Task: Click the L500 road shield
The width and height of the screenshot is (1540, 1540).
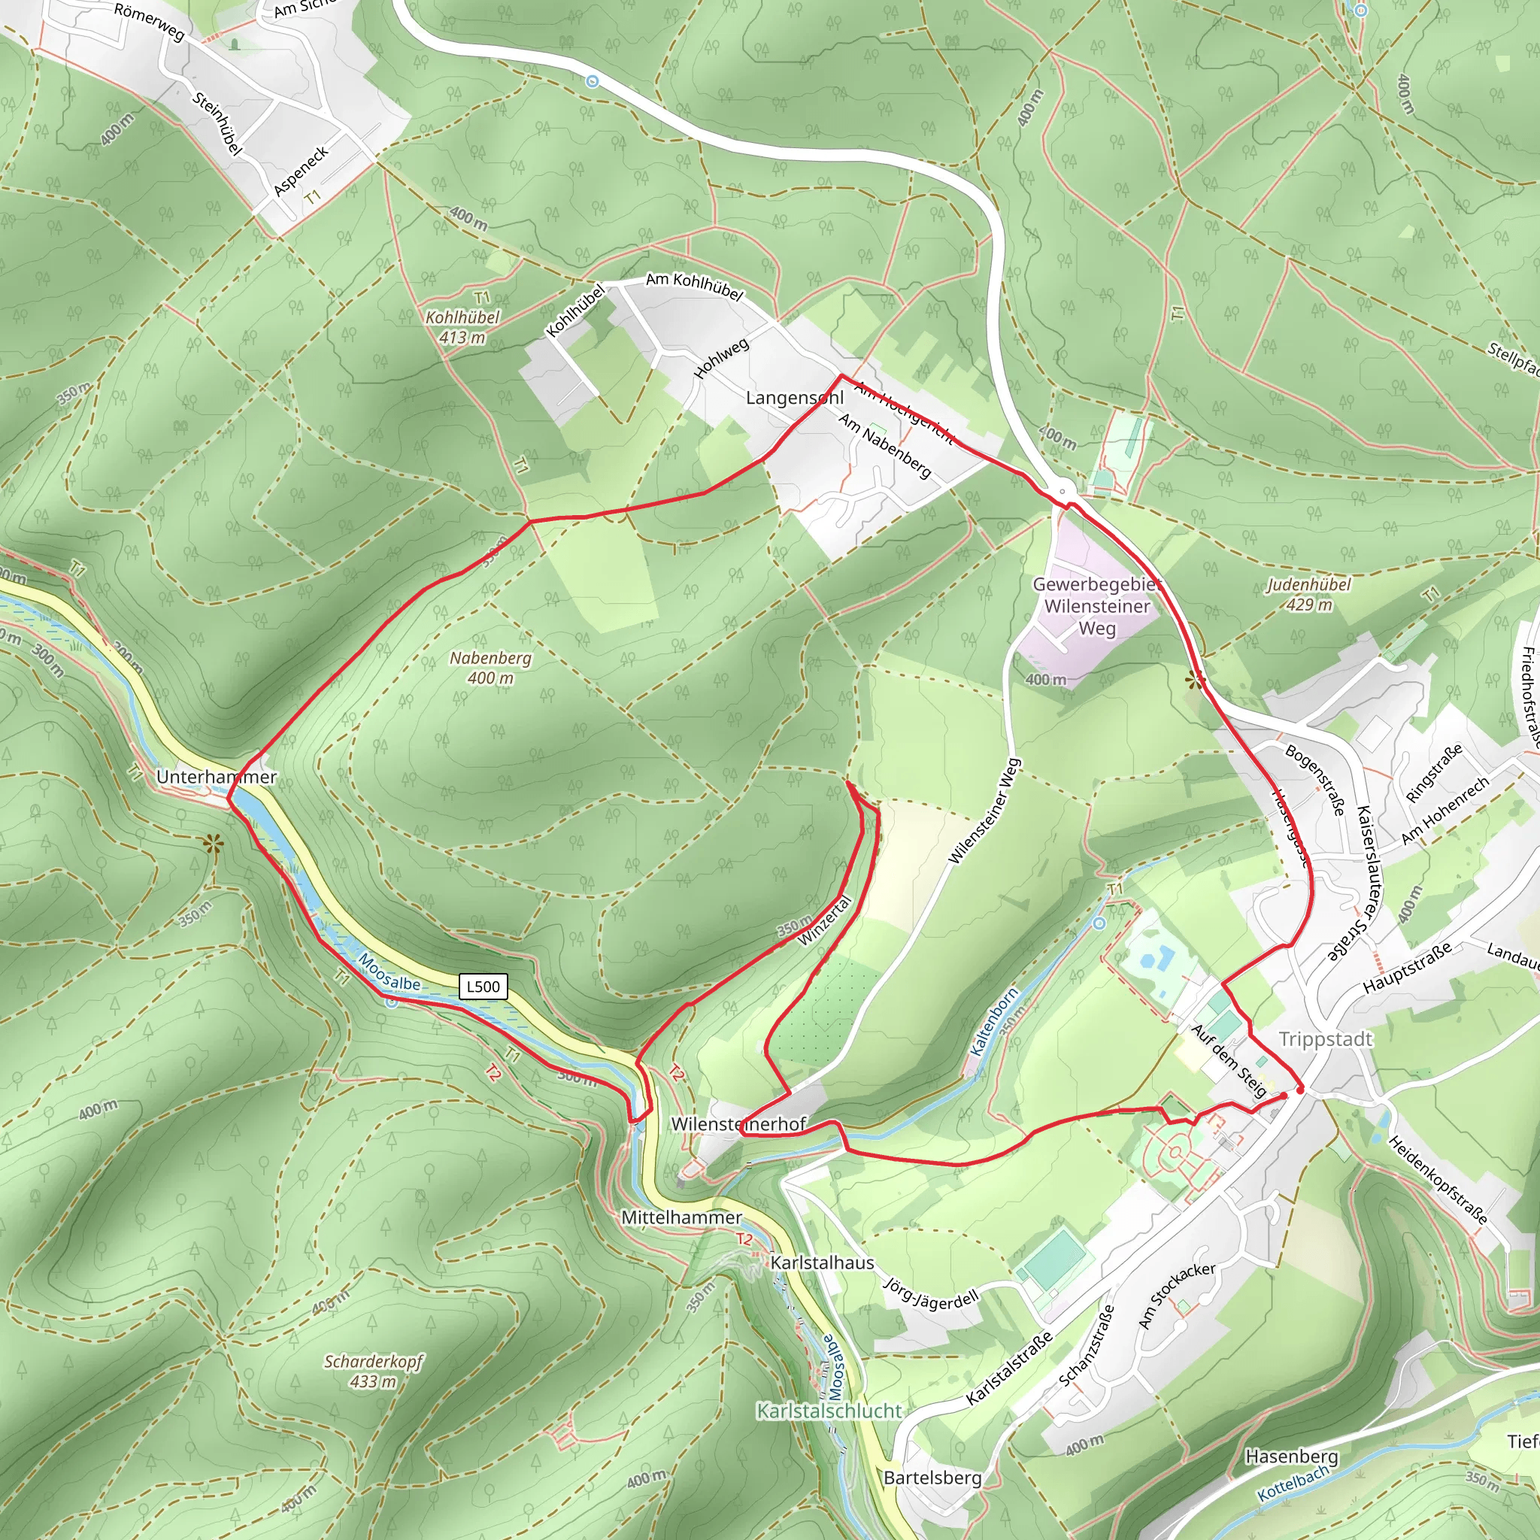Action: coord(483,987)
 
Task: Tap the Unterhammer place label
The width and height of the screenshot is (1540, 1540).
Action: coord(216,776)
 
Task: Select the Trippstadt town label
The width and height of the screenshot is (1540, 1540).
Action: coord(1326,1039)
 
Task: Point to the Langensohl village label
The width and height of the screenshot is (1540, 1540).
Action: coord(794,398)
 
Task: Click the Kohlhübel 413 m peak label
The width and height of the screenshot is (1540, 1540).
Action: coord(462,327)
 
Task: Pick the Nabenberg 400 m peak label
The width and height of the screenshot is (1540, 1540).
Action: coord(490,668)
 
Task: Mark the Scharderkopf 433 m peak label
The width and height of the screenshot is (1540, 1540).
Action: coord(373,1371)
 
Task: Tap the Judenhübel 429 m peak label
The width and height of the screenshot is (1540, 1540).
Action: coord(1309,595)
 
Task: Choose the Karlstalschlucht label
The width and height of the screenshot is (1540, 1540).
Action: coord(829,1411)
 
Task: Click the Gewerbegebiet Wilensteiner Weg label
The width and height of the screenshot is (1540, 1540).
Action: coord(1097,606)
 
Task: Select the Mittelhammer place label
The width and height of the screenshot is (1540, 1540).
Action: coord(681,1217)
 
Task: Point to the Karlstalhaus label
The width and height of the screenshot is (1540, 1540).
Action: coord(822,1263)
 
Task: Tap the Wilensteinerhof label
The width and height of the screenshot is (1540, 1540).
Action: coord(739,1124)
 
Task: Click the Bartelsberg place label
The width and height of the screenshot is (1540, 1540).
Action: coord(932,1478)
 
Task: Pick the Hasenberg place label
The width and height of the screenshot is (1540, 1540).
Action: coord(1291,1457)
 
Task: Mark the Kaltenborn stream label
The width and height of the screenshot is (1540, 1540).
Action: coord(994,1023)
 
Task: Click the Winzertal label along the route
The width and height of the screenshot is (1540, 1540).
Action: coord(826,920)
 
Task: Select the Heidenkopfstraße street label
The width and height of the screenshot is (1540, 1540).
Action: coord(1438,1180)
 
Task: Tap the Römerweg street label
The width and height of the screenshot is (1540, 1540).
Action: coord(149,22)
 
